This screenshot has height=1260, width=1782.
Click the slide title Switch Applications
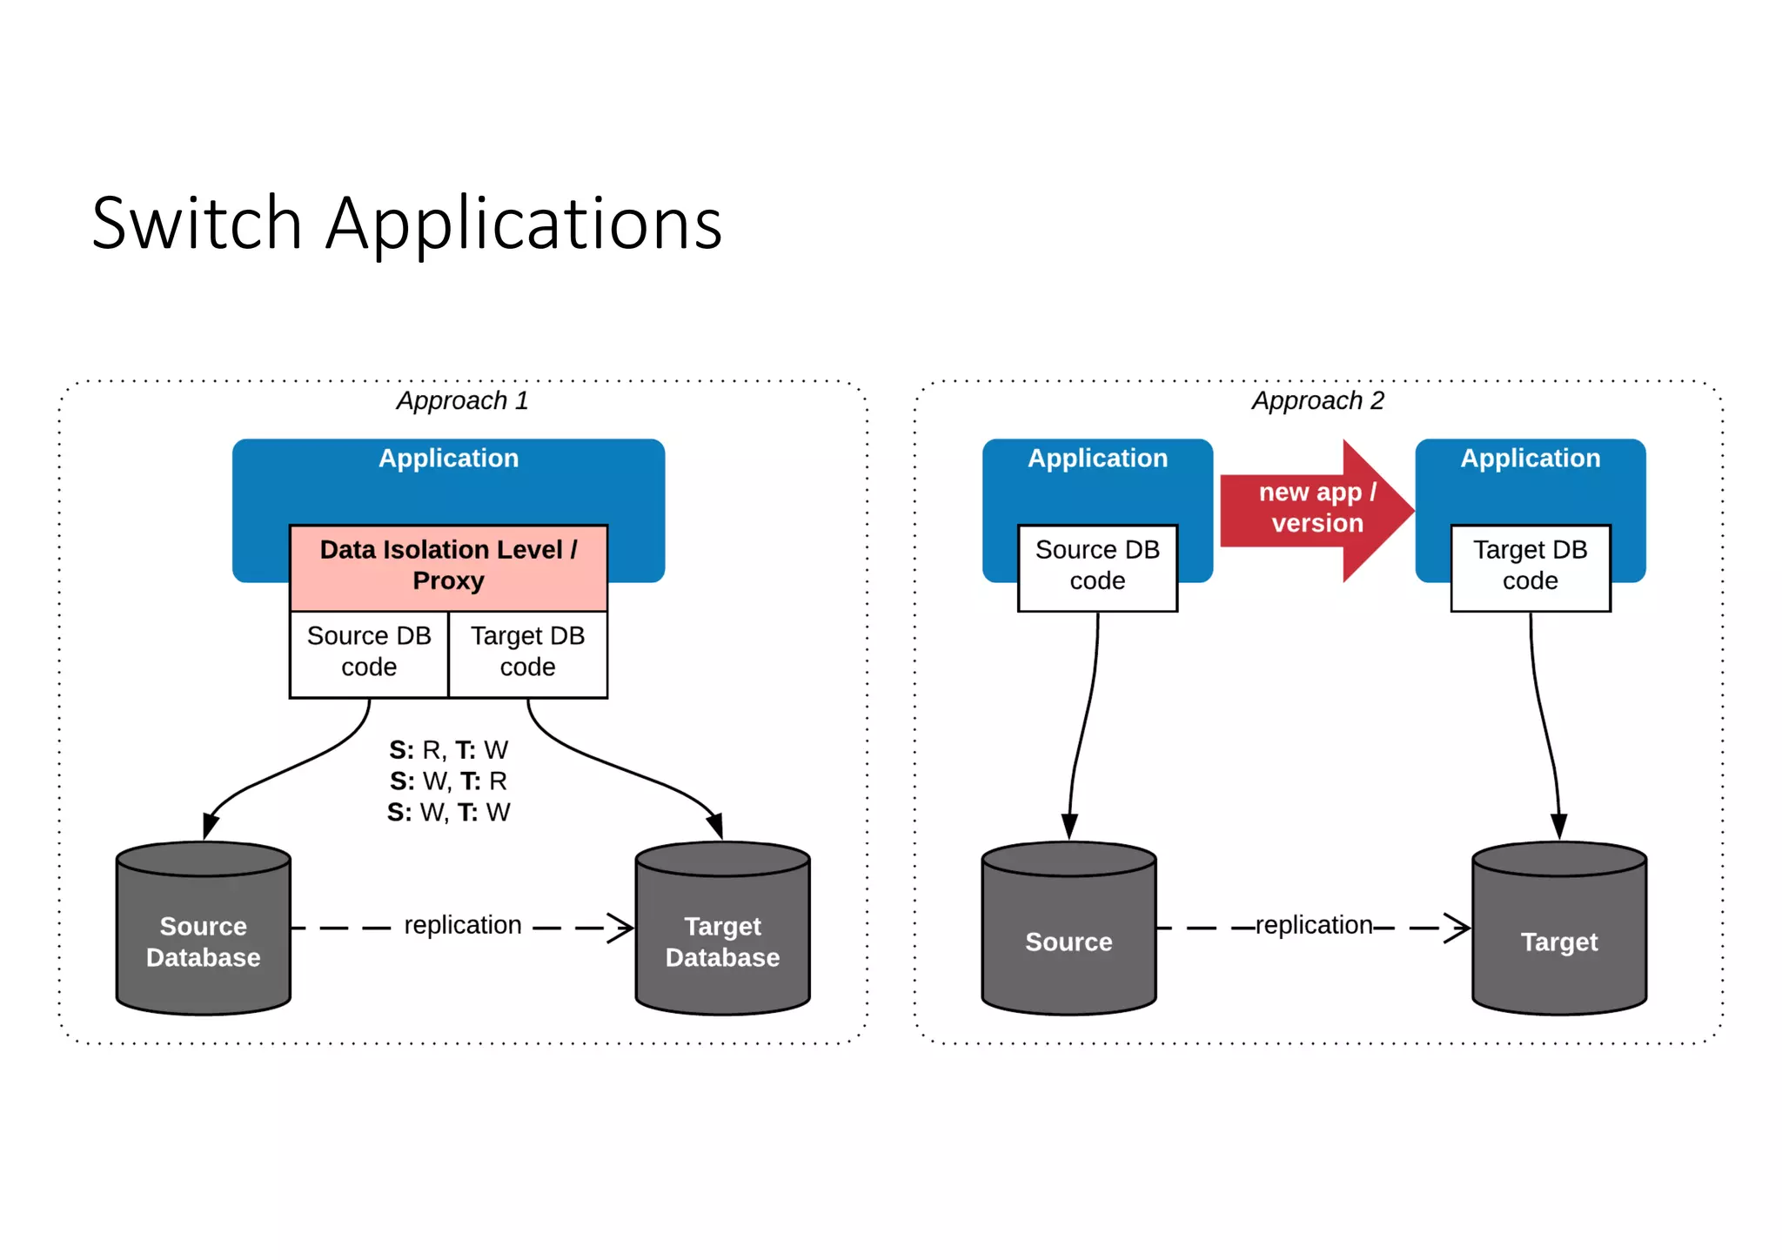click(406, 224)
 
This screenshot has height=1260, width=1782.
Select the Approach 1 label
click(462, 400)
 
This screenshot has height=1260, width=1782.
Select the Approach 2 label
click(1317, 400)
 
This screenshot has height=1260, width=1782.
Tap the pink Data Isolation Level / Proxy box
click(448, 566)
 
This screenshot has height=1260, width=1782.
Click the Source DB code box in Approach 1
click(369, 653)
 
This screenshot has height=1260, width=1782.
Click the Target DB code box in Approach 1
click(528, 653)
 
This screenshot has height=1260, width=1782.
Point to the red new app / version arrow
click(1316, 509)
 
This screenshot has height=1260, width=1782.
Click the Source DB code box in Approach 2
click(1097, 566)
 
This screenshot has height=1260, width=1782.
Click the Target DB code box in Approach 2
click(1530, 566)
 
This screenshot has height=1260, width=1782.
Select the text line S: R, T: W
click(448, 750)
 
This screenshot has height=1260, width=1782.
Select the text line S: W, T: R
click(448, 781)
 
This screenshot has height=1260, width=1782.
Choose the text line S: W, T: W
click(448, 813)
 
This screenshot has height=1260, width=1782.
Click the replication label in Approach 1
click(463, 925)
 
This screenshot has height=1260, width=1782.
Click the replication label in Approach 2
click(1314, 925)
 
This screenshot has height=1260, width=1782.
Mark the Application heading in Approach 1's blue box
click(448, 459)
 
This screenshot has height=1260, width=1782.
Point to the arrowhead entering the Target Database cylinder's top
click(715, 825)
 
